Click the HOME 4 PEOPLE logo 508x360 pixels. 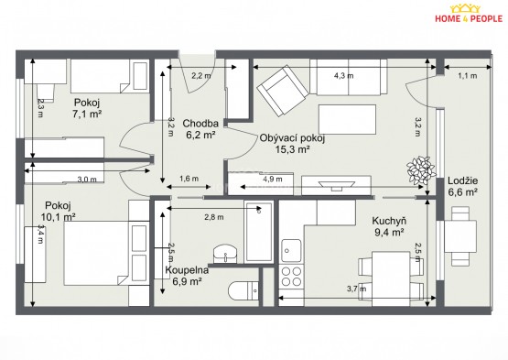pyautogui.click(x=469, y=14)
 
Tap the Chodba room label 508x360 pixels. pyautogui.click(x=200, y=124)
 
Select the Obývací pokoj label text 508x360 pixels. pyautogui.click(x=292, y=138)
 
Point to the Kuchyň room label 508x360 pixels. pyautogui.click(x=389, y=221)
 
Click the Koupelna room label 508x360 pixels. pyautogui.click(x=187, y=270)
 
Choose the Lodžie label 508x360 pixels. pyautogui.click(x=462, y=180)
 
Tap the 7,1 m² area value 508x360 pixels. pyautogui.click(x=86, y=114)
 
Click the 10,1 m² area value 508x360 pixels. pyautogui.click(x=59, y=216)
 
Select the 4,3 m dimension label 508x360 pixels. pyautogui.click(x=344, y=76)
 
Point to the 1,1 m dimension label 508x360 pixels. pyautogui.click(x=468, y=76)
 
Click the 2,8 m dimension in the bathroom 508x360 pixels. pyautogui.click(x=214, y=217)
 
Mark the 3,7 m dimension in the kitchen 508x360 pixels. pyautogui.click(x=357, y=289)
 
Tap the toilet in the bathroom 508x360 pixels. pyautogui.click(x=243, y=290)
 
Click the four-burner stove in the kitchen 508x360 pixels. pyautogui.click(x=292, y=277)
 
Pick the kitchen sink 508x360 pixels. pyautogui.click(x=292, y=250)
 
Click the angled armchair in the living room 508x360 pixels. pyautogui.click(x=283, y=91)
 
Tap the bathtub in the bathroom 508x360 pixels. pyautogui.click(x=258, y=232)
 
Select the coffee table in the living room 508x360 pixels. pyautogui.click(x=347, y=119)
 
